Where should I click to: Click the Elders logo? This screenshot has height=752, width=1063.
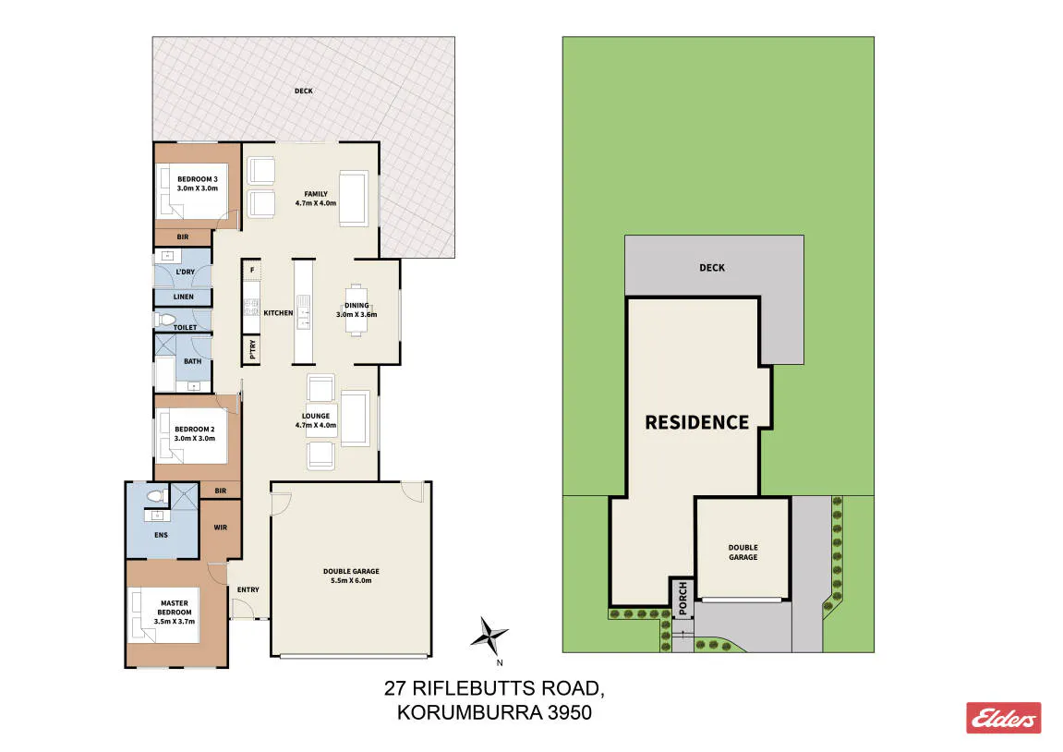pyautogui.click(x=1003, y=718)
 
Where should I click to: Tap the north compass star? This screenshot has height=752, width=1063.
pyautogui.click(x=489, y=637)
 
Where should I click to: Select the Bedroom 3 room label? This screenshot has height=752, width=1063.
pyautogui.click(x=198, y=184)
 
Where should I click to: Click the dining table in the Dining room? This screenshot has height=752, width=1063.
pyautogui.click(x=356, y=309)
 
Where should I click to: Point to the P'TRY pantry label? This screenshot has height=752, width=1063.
pyautogui.click(x=252, y=349)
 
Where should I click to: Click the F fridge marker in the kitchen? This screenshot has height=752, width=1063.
pyautogui.click(x=252, y=270)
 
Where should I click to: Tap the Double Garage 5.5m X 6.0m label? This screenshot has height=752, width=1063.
pyautogui.click(x=351, y=576)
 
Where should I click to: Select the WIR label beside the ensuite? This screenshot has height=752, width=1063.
pyautogui.click(x=221, y=527)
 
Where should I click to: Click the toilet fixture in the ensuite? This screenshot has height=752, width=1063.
pyautogui.click(x=157, y=496)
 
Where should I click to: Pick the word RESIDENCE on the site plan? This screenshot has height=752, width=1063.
pyautogui.click(x=697, y=422)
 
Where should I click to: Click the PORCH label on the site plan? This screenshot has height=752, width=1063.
pyautogui.click(x=682, y=598)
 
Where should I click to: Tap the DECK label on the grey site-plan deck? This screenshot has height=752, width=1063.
pyautogui.click(x=712, y=268)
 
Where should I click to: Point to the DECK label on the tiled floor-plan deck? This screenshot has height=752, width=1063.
pyautogui.click(x=304, y=91)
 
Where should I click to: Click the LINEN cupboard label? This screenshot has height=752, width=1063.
pyautogui.click(x=183, y=297)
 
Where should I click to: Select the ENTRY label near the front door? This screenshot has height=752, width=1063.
pyautogui.click(x=248, y=590)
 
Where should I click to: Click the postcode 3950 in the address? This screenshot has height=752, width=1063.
pyautogui.click(x=570, y=712)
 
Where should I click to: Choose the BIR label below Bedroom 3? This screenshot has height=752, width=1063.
pyautogui.click(x=182, y=237)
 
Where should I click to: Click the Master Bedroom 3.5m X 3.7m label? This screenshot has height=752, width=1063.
pyautogui.click(x=175, y=612)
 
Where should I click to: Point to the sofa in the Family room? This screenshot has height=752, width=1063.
pyautogui.click(x=353, y=199)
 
